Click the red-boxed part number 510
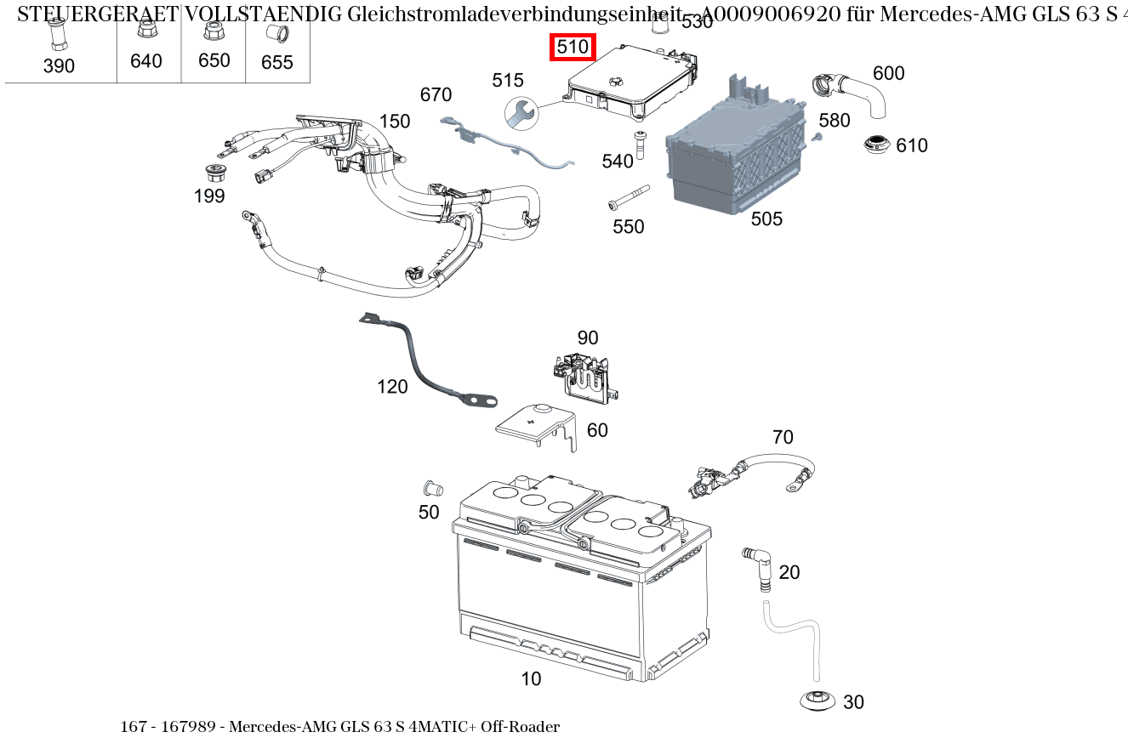point(573,48)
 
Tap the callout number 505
point(766,219)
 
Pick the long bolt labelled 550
point(628,197)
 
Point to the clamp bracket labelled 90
point(585,374)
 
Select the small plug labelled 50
point(431,489)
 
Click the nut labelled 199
point(214,173)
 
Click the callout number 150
point(395,122)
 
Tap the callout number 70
point(783,438)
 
